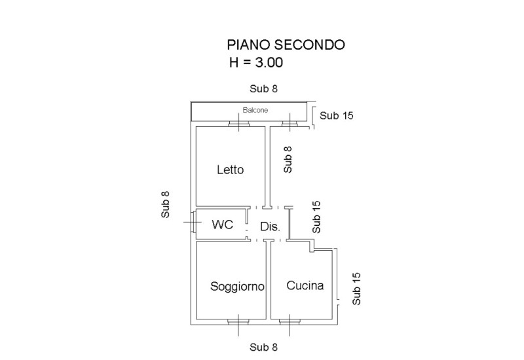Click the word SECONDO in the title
309,45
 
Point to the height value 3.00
264,63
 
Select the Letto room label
230,170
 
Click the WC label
222,225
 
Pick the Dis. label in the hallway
270,228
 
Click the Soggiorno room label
237,287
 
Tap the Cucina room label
305,286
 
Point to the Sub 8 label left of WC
166,204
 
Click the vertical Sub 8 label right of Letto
288,159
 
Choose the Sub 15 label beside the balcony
337,116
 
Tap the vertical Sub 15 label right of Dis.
317,217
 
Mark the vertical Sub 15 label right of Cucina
356,289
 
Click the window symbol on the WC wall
193,223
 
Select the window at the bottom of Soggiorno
237,321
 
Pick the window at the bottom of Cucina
289,321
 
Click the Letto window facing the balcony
237,123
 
